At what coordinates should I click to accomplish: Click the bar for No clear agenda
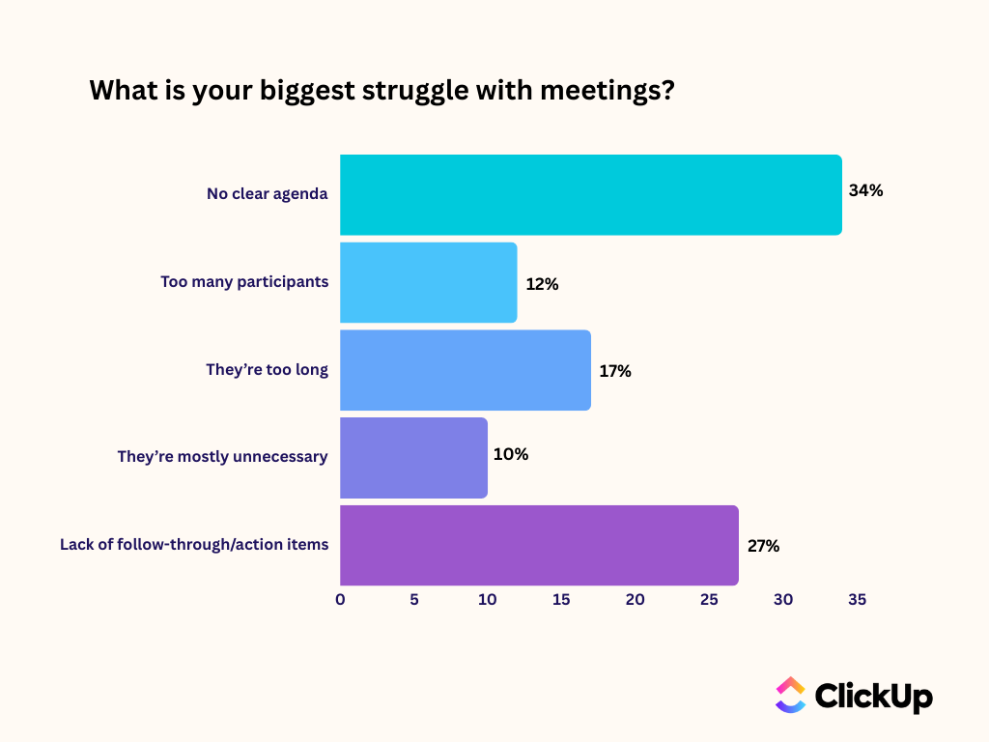click(x=590, y=194)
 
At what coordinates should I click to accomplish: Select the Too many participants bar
click(x=428, y=282)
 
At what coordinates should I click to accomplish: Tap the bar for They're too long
click(x=465, y=370)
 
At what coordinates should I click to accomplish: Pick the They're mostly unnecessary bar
click(x=413, y=457)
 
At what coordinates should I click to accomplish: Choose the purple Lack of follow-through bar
click(x=539, y=545)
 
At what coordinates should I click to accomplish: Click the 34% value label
click(x=865, y=190)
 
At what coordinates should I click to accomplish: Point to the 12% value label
click(x=543, y=284)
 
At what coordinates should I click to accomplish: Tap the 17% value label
click(x=615, y=371)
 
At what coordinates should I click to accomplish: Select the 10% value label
click(x=511, y=454)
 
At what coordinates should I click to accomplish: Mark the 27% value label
click(x=763, y=546)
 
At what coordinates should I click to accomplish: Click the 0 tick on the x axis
click(x=340, y=600)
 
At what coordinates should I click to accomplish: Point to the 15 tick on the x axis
click(x=561, y=600)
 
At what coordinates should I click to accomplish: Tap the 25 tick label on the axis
click(x=709, y=600)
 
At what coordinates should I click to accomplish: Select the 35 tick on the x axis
click(x=857, y=600)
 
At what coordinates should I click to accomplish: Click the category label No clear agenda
click(x=268, y=194)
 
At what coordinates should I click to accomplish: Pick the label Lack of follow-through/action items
click(x=194, y=545)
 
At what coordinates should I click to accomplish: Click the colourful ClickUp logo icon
click(x=790, y=696)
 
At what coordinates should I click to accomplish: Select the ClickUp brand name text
click(x=874, y=696)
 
